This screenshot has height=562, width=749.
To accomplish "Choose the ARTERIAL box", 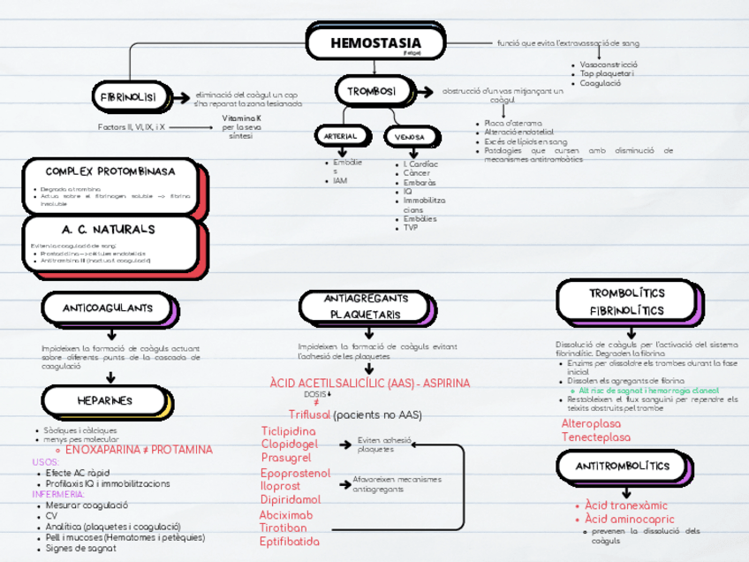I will [x=340, y=137].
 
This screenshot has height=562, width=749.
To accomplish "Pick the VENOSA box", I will [x=409, y=138].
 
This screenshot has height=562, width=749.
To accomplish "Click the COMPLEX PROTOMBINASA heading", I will [x=110, y=171].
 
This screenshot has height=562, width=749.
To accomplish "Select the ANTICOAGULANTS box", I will [x=107, y=308].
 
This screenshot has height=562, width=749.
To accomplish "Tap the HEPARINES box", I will [x=104, y=401].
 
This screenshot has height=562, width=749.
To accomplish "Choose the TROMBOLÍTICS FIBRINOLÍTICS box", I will [x=627, y=302].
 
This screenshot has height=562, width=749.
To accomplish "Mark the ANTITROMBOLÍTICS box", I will [x=623, y=466].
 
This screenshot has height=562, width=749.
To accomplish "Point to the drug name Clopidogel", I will [x=289, y=444].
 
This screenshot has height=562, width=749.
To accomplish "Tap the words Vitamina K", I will [x=241, y=118].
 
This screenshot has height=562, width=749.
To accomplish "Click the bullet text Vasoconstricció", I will [x=609, y=65].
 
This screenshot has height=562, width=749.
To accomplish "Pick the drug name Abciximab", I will [x=286, y=514].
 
